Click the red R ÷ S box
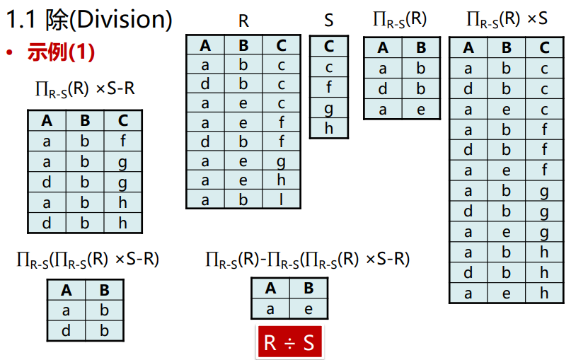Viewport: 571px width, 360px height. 289,342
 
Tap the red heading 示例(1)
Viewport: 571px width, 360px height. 61,52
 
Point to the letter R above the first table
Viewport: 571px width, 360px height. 243,21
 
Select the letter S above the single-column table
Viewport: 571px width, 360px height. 329,21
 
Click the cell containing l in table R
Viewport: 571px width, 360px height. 282,199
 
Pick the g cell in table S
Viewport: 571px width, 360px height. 329,108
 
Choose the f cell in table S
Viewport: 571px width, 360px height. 329,88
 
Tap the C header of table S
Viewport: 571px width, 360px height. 329,47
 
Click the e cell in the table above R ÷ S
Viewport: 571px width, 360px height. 308,308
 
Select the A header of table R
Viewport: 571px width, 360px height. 205,46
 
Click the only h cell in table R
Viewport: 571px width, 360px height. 282,180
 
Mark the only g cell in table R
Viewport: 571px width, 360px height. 282,161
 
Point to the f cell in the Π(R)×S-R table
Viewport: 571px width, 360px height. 122,141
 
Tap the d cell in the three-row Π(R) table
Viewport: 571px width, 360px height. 383,89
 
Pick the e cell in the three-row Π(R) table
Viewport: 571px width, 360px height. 421,109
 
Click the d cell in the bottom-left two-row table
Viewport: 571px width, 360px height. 67,330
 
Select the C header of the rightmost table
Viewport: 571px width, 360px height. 544,48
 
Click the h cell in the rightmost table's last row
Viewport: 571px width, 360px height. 544,294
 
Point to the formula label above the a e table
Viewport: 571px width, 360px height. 307,260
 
